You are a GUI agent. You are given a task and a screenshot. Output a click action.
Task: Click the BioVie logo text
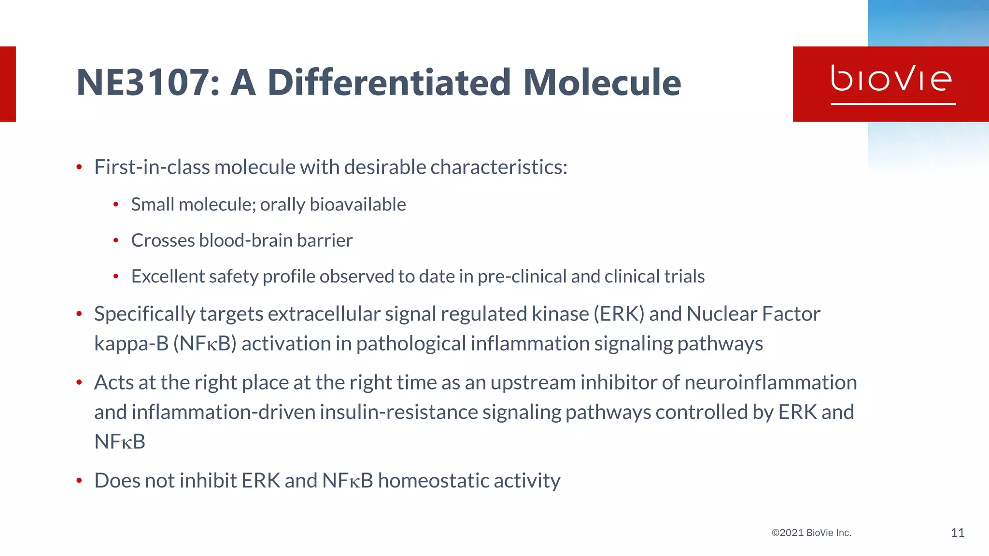[891, 79]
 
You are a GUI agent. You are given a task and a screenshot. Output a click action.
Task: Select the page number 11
[957, 533]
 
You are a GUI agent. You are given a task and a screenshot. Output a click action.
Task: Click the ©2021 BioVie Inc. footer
[811, 533]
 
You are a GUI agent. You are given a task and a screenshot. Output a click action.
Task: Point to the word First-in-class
[152, 167]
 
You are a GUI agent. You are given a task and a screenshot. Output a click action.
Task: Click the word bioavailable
[357, 205]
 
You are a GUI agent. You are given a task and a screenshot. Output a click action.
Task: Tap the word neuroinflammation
[770, 383]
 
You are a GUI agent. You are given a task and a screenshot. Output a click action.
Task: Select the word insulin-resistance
[398, 412]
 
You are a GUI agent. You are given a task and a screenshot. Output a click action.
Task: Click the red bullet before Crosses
[116, 240]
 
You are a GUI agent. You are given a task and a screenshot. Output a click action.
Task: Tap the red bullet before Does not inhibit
[79, 481]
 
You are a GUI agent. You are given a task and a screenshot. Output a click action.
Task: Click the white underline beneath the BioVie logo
[893, 104]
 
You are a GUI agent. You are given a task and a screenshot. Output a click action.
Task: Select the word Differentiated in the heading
[389, 83]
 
